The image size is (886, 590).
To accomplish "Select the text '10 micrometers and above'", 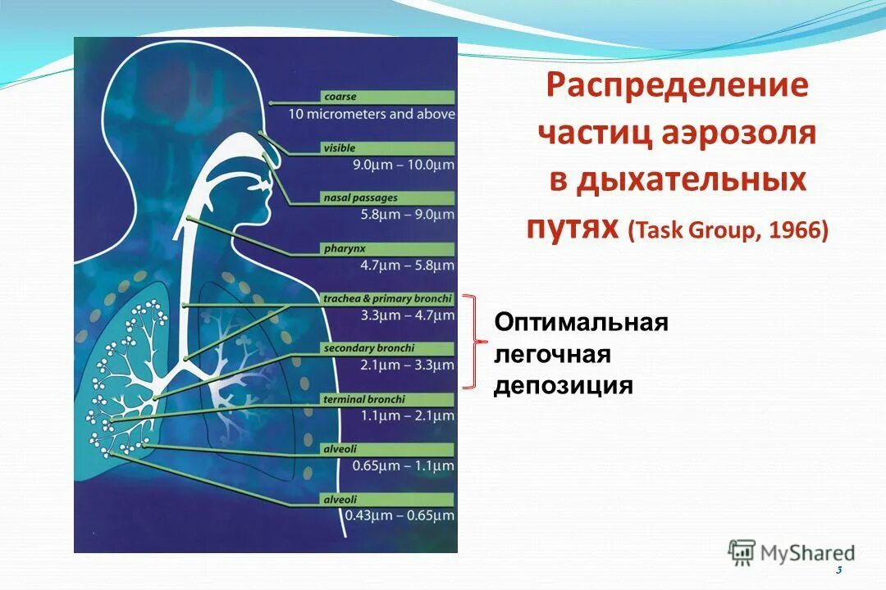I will point(371,115).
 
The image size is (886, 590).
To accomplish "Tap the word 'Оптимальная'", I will point(581,323).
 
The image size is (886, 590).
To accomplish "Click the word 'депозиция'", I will point(563,385).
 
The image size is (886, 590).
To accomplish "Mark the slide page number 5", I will point(838,570).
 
